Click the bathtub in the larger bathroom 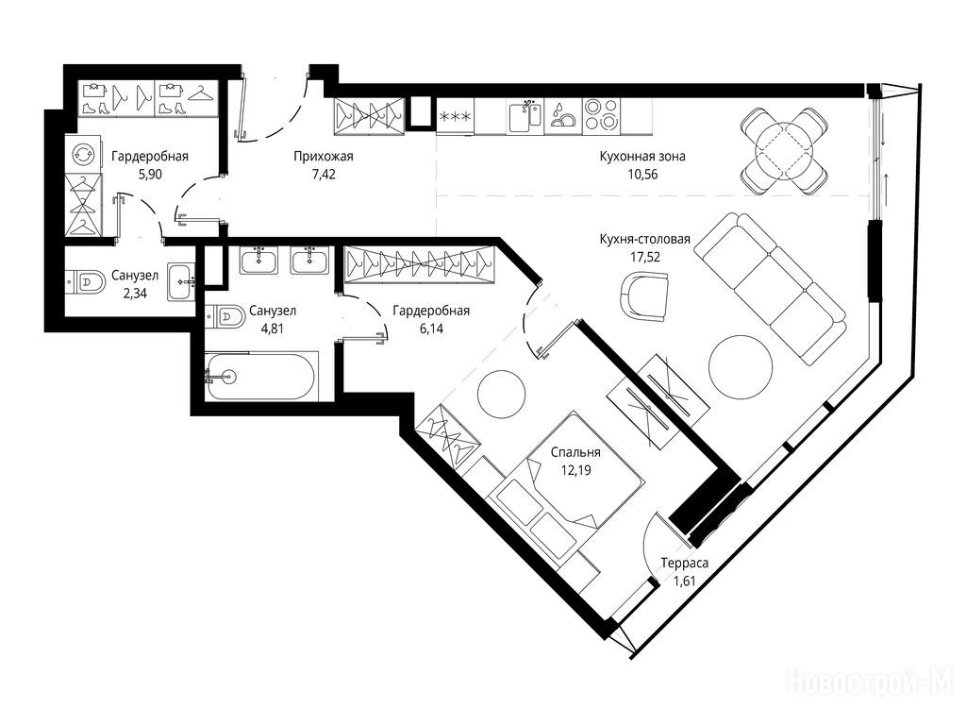coord(262,376)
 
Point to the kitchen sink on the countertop coord(525,116)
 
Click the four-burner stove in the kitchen coord(601,115)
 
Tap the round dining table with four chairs coord(783,150)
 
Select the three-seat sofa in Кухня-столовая coord(770,289)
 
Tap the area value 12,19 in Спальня coord(575,471)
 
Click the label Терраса coord(685,563)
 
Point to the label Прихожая coord(324,157)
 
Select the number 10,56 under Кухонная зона coord(642,174)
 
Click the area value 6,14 coord(431,328)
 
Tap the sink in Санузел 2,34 coord(181,281)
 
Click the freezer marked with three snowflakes coord(456,116)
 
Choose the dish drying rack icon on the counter coord(562,116)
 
